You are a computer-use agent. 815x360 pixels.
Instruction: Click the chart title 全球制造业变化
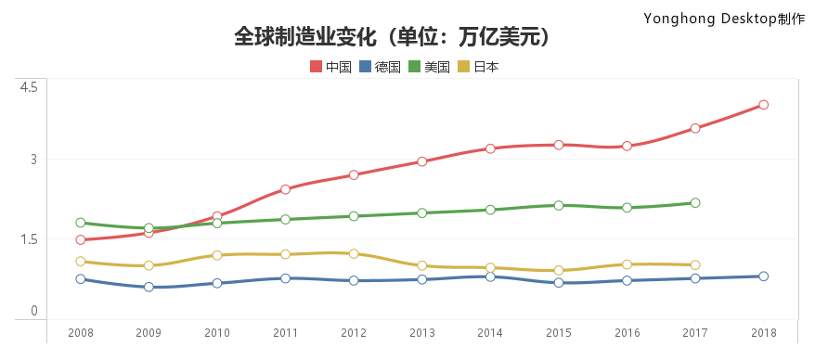(x=394, y=37)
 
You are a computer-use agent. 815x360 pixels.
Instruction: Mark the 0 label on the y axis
(x=32, y=311)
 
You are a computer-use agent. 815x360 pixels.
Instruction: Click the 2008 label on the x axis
(x=81, y=333)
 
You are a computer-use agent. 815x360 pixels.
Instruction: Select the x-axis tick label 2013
(x=421, y=333)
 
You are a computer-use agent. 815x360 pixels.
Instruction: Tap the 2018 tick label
(x=763, y=333)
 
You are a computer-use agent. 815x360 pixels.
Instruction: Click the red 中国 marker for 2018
(x=763, y=105)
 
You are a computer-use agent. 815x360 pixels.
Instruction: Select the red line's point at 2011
(x=285, y=189)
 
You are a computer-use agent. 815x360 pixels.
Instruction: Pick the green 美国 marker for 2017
(x=694, y=203)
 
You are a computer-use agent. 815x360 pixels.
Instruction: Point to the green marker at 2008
(x=81, y=223)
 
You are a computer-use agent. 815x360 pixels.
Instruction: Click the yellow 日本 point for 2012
(x=354, y=253)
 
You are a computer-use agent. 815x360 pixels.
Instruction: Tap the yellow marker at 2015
(x=558, y=271)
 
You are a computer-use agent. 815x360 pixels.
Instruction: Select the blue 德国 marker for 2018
(x=763, y=276)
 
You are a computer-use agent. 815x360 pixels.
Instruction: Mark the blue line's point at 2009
(x=149, y=287)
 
